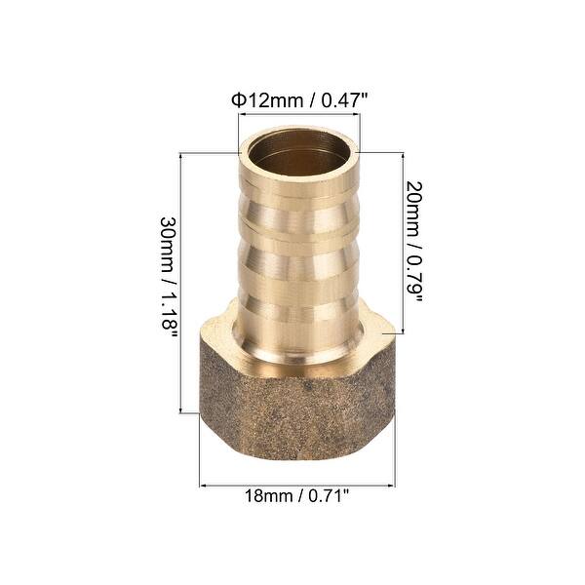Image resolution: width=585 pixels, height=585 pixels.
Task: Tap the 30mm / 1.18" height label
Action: pos(169,275)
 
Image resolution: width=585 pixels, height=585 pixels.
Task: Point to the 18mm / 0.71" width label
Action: pos(297,496)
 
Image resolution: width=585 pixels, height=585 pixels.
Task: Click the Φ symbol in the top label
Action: pos(236,99)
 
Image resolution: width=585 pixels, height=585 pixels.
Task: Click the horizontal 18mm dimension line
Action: pos(296,484)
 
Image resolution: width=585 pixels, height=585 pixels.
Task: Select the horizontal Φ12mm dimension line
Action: pos(299,115)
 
